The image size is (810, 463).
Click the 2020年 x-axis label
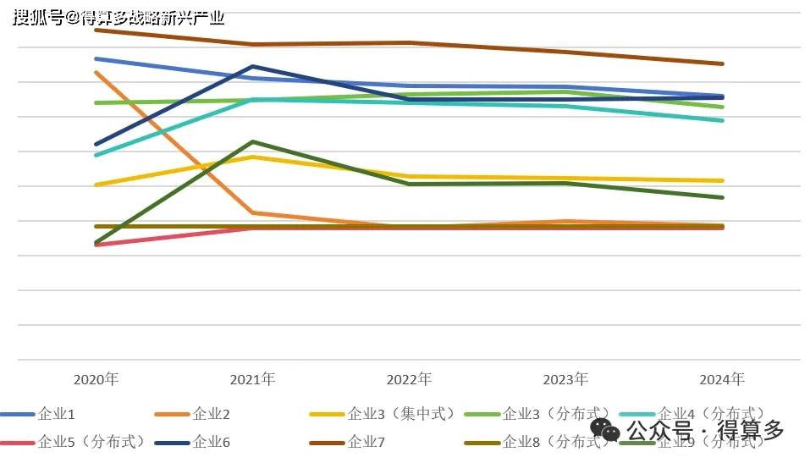point(96,378)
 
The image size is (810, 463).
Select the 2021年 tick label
point(252,378)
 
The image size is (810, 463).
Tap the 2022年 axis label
point(409,378)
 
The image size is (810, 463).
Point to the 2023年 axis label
point(565,378)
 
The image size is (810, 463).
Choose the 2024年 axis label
point(722,378)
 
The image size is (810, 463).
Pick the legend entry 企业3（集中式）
point(403,414)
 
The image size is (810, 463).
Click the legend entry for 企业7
point(366,441)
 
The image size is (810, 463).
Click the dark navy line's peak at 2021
point(252,66)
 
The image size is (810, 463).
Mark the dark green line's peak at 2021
point(252,141)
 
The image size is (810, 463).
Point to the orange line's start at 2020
point(96,72)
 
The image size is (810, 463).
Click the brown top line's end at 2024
point(722,63)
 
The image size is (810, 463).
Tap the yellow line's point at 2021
point(252,157)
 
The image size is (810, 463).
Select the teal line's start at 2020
point(96,155)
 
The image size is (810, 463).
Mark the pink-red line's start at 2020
point(96,245)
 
